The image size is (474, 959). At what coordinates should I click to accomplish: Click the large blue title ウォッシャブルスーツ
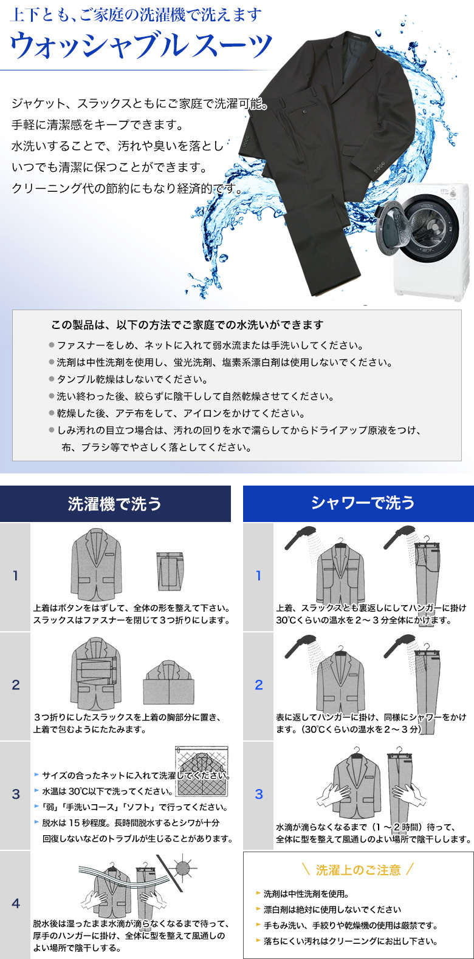141,46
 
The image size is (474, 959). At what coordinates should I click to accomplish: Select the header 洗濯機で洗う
115,504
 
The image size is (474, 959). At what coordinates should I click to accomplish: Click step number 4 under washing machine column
15,903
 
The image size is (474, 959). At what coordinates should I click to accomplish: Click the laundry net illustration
201,771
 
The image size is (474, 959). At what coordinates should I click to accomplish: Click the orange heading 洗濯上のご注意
359,870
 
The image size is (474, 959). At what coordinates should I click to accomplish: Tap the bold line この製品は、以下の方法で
187,325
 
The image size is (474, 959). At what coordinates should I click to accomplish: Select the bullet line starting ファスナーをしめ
206,345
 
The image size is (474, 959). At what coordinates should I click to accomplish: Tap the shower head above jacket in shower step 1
300,537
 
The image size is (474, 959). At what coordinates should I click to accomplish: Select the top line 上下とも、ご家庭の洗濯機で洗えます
136,15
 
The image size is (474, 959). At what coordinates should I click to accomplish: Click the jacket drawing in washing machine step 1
96,564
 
